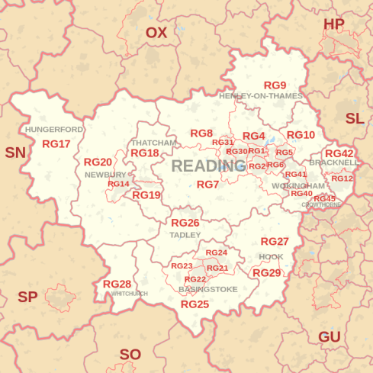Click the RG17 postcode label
56,143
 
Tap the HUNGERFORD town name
54,130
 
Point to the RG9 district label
275,85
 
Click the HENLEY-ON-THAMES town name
261,96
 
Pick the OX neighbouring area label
156,32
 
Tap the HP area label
334,24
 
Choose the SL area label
355,118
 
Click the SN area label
14,153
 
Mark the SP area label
27,297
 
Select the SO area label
130,354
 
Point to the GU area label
329,336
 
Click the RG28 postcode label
117,284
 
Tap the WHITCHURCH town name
130,294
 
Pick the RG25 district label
195,304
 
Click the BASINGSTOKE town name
208,289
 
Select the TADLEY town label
185,235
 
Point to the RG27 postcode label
275,242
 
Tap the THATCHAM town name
153,143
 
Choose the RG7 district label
207,185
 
